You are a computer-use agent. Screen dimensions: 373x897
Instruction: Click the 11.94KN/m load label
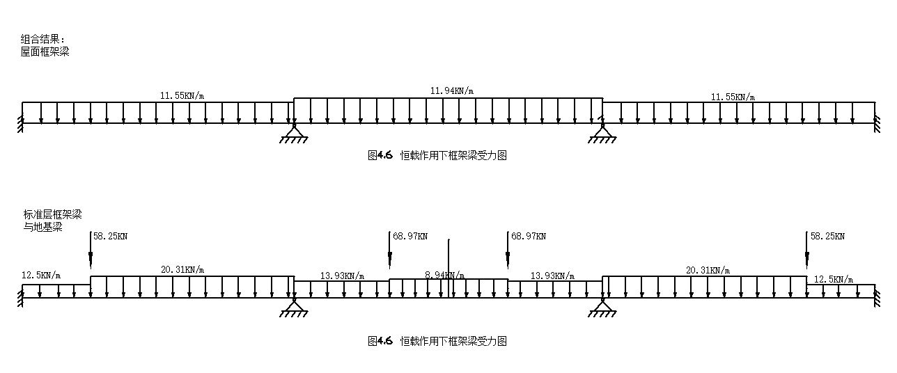451,91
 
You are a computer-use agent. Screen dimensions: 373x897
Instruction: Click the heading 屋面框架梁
45,51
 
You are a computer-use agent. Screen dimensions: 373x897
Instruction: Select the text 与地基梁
42,226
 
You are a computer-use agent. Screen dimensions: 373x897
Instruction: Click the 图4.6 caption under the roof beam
437,156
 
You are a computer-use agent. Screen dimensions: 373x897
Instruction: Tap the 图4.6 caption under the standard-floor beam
437,341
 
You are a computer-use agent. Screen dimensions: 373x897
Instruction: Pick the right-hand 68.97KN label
528,237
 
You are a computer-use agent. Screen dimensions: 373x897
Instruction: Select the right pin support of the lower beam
602,306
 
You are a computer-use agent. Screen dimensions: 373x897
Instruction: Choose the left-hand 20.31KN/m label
182,270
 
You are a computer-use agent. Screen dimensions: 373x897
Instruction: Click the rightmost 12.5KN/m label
834,279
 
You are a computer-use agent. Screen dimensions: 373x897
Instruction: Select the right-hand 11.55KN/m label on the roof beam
733,97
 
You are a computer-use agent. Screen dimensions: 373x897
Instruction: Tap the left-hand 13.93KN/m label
342,276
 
